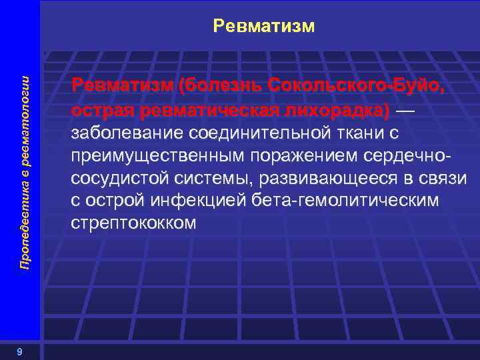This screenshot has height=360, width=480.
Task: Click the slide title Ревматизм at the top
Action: click(263, 26)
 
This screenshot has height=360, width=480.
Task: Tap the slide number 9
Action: click(21, 352)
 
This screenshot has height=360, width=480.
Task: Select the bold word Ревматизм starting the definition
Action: click(121, 86)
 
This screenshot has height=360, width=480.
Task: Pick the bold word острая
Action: click(100, 109)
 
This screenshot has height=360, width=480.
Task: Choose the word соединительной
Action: click(263, 133)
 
